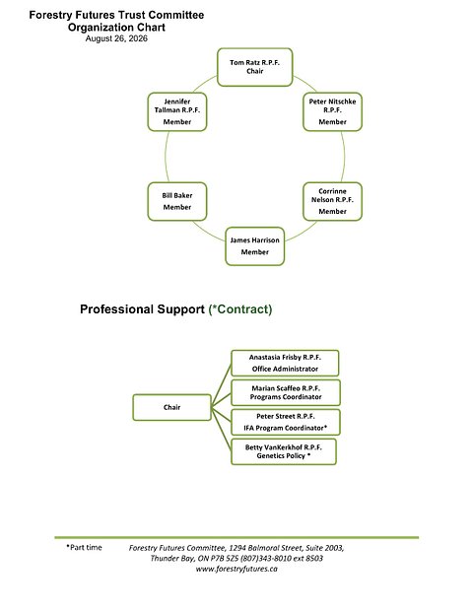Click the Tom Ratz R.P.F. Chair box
click(254, 67)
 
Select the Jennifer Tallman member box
click(177, 111)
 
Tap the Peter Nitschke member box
click(332, 111)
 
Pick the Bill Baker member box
click(177, 201)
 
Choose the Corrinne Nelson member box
click(332, 201)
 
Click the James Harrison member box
click(255, 246)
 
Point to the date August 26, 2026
click(116, 38)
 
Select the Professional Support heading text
click(142, 309)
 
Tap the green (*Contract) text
click(240, 309)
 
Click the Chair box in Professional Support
click(171, 407)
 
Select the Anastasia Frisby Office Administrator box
click(285, 363)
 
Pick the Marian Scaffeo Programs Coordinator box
click(286, 392)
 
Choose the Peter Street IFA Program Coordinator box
click(286, 422)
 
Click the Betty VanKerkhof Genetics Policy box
click(284, 451)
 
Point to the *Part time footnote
click(84, 547)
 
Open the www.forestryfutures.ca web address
click(236, 569)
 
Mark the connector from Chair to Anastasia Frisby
click(222, 385)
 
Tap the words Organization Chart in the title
click(116, 28)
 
